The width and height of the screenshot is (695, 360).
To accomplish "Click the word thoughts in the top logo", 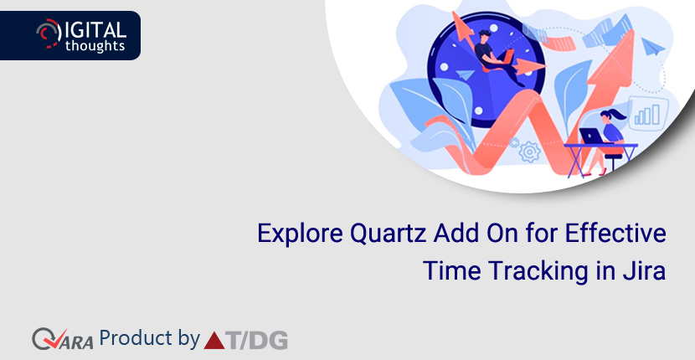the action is [x=95, y=45].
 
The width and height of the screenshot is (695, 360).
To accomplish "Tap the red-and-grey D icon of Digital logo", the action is [x=49, y=33].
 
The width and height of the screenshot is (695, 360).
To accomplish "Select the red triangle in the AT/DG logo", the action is [x=214, y=341].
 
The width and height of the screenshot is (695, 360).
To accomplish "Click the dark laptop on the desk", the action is [x=591, y=136].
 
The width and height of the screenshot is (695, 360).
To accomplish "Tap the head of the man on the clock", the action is [x=485, y=36].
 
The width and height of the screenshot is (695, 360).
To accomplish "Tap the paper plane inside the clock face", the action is [x=465, y=75].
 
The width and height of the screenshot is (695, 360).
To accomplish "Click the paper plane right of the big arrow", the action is [x=653, y=46].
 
